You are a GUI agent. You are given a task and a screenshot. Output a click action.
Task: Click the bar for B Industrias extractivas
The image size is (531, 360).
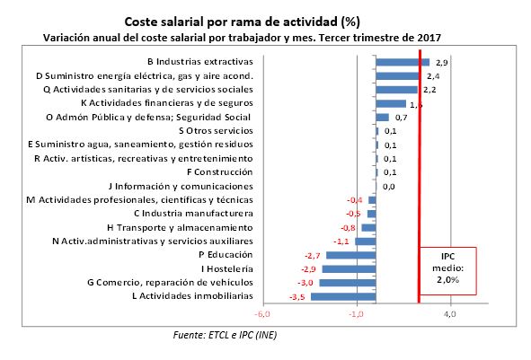[403, 62]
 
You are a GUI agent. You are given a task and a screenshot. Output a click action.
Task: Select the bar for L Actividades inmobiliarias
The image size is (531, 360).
[344, 296]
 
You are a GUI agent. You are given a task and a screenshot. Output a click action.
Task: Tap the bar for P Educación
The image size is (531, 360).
[351, 255]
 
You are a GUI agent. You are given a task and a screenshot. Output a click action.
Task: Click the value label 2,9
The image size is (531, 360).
[441, 64]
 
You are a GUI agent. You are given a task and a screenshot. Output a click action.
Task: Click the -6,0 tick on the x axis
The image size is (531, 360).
[262, 314]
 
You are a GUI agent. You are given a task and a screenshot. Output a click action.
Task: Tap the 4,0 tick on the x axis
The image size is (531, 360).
[450, 314]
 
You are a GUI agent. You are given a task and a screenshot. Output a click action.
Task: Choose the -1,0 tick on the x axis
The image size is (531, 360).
[357, 314]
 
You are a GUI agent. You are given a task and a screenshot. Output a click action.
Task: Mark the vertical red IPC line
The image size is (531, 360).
[419, 180]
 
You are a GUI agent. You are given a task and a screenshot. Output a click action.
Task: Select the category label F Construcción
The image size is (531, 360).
[219, 171]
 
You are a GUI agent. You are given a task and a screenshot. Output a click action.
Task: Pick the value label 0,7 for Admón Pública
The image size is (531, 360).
[401, 118]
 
